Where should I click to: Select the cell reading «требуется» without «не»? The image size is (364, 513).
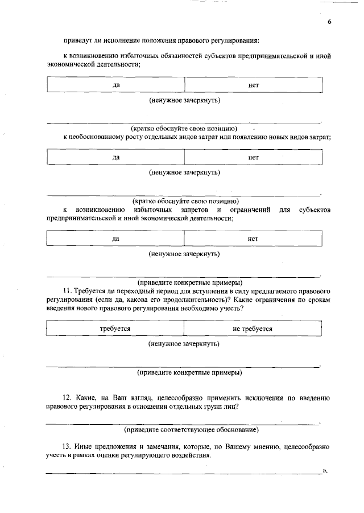115,329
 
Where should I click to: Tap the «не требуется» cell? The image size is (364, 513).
253,329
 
